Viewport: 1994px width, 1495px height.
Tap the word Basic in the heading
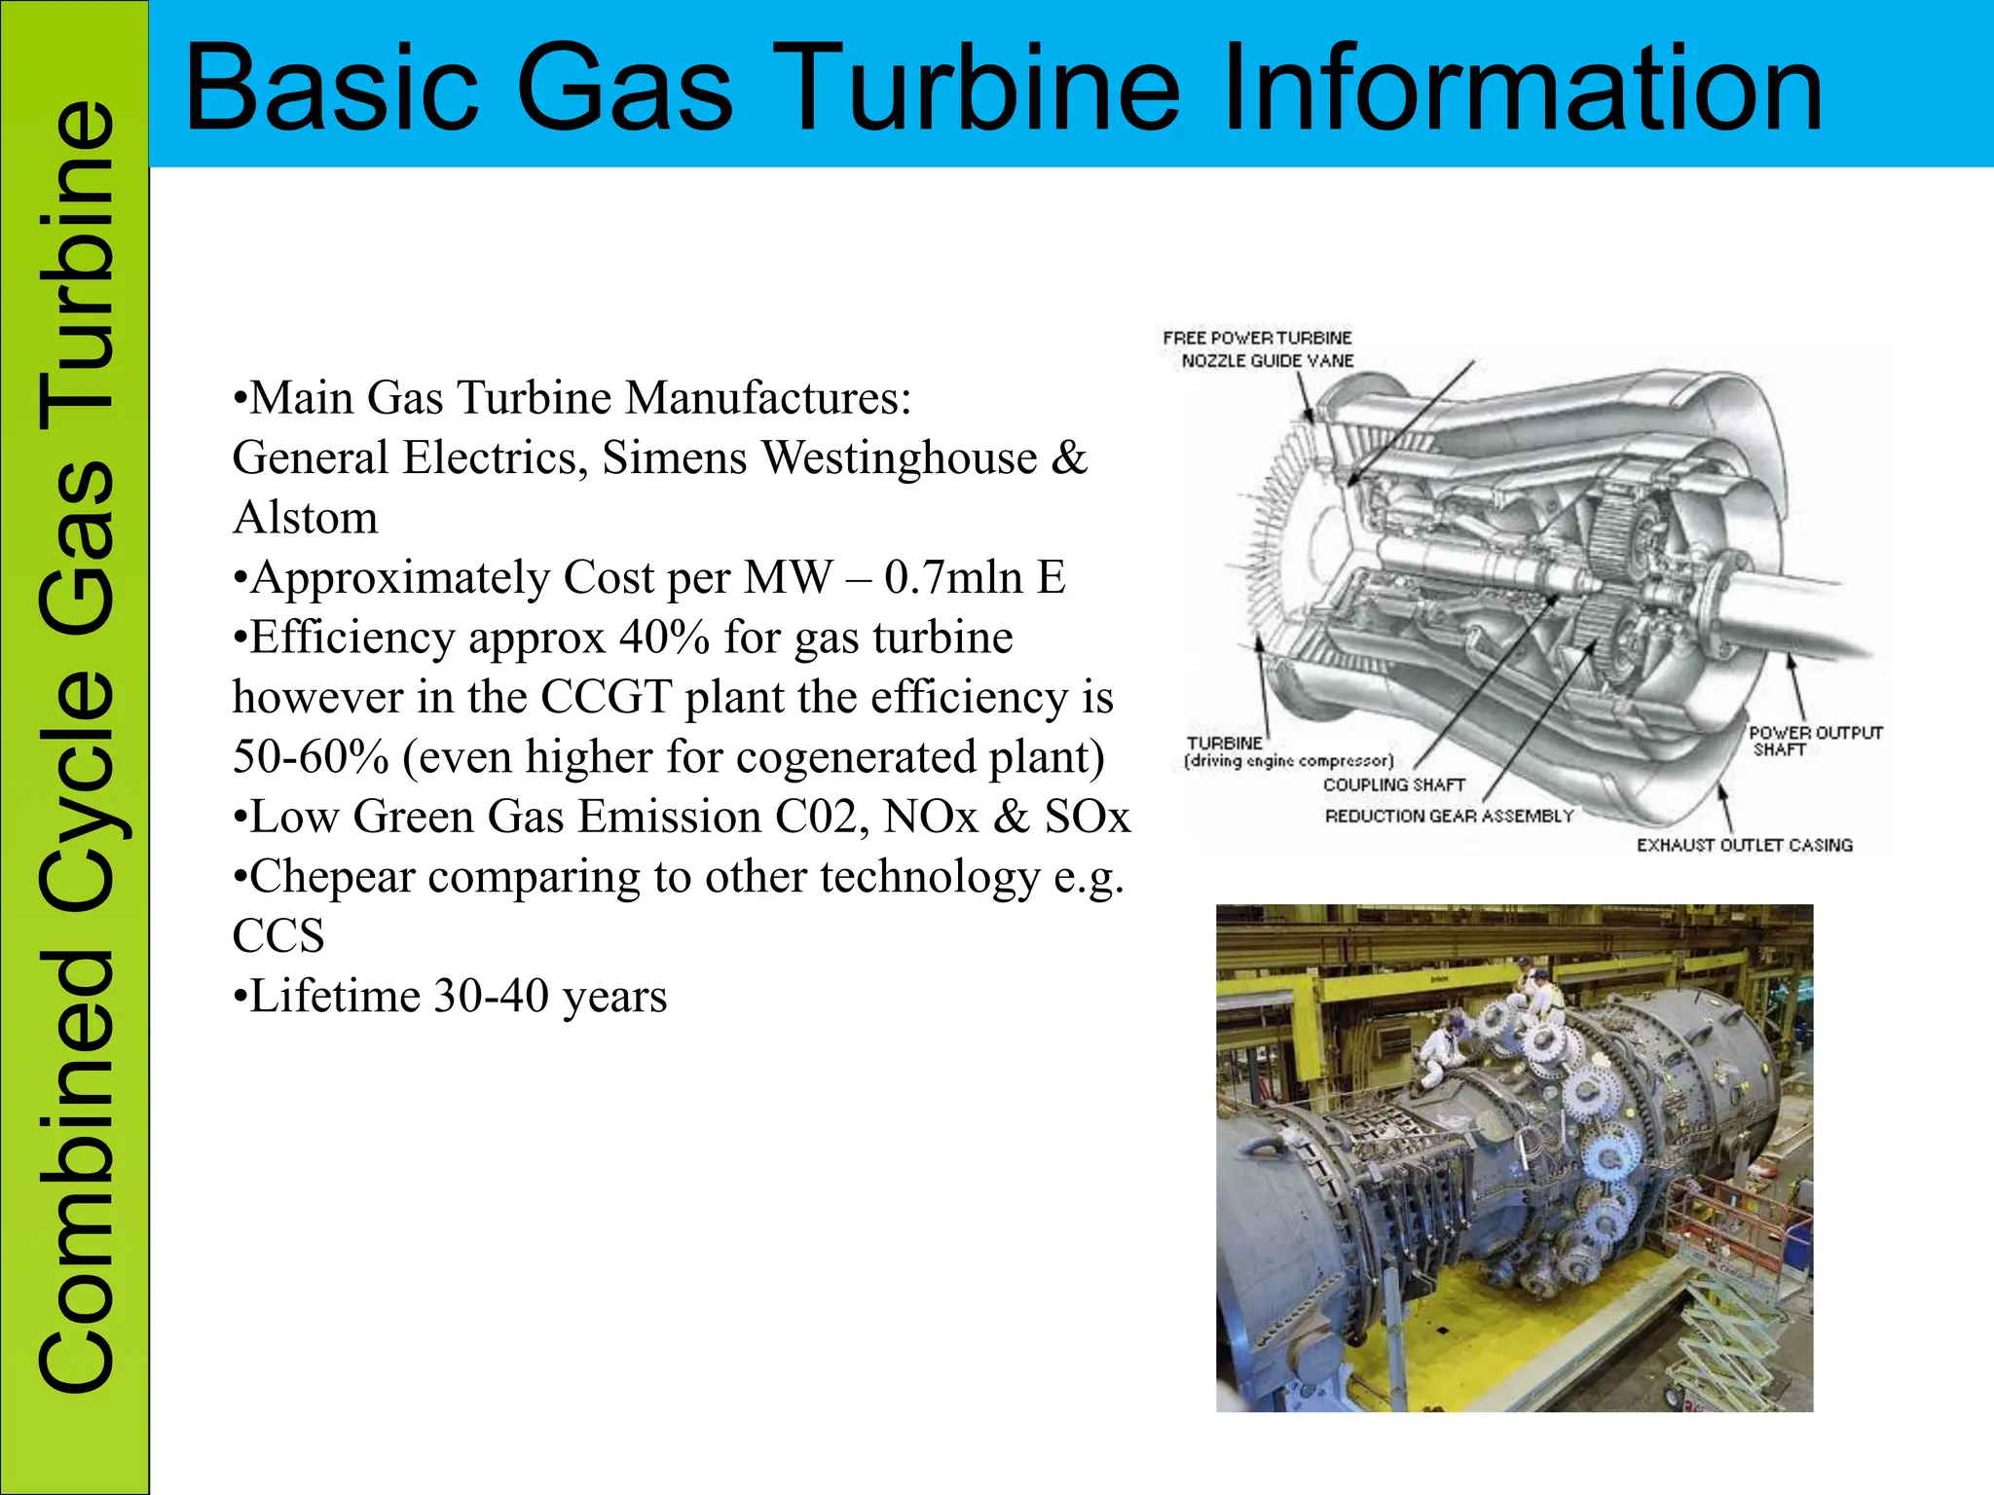pos(331,90)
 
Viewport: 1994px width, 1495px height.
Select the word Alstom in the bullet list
pos(305,518)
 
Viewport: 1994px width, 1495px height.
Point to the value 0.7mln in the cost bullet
pos(952,578)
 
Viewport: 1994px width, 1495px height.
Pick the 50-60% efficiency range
pos(311,757)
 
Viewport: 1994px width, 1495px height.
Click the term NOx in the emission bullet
pos(930,818)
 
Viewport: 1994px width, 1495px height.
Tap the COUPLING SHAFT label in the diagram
pos(1393,784)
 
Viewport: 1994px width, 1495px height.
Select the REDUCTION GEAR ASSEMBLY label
pos(1449,816)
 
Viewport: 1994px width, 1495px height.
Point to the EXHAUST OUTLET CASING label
pos(1744,845)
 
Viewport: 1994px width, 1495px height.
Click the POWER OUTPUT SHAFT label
pos(1815,741)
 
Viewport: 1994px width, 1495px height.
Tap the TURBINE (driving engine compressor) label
pos(1287,752)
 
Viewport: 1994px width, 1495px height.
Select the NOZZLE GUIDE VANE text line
pos(1267,361)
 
